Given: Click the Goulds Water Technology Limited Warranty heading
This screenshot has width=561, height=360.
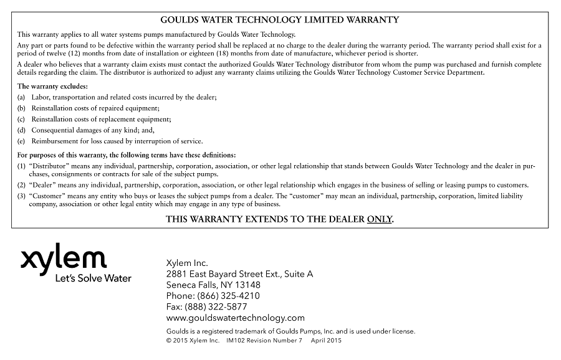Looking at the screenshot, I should tap(280, 20).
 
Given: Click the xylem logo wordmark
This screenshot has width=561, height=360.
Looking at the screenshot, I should tap(64, 258).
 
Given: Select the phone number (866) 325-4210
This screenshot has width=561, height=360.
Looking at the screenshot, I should tap(228, 296).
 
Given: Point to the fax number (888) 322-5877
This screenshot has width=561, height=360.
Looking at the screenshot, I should tap(222, 307).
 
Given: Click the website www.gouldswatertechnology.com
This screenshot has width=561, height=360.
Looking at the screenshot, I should tap(236, 318).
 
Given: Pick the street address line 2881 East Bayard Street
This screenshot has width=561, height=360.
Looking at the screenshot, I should tap(240, 274).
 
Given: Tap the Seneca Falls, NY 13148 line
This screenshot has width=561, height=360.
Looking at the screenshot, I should tap(214, 285).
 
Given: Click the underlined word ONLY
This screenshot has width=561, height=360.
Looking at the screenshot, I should tap(380, 219).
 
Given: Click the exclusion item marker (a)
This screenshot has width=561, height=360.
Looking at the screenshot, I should tap(21, 97).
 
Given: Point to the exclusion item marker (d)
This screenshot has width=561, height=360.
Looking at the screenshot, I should tap(21, 130).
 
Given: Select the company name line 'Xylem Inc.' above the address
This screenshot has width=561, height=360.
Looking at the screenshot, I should tap(187, 263).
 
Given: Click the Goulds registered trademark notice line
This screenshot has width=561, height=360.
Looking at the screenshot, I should tap(290, 331).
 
